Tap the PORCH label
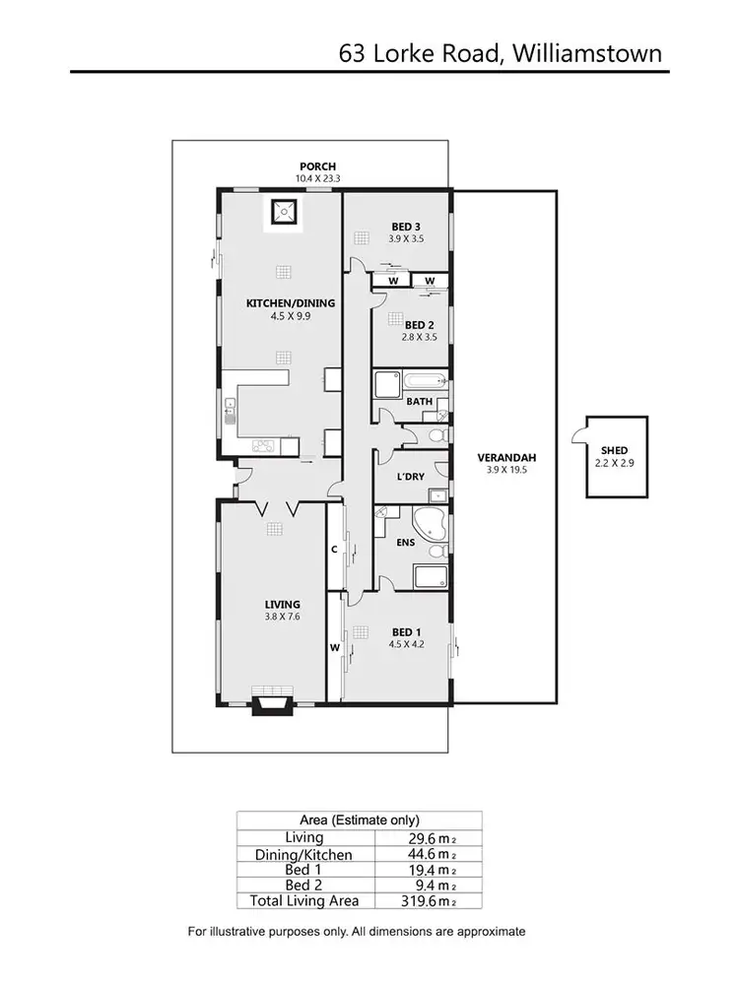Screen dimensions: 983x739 pos(318,166)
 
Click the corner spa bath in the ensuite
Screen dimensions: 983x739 pos(430,526)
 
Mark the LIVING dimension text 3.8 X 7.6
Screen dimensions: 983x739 pos(282,618)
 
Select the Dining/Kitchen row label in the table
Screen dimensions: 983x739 pos(304,855)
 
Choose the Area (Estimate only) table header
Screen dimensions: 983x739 pos(360,819)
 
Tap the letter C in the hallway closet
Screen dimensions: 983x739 pos(335,549)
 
